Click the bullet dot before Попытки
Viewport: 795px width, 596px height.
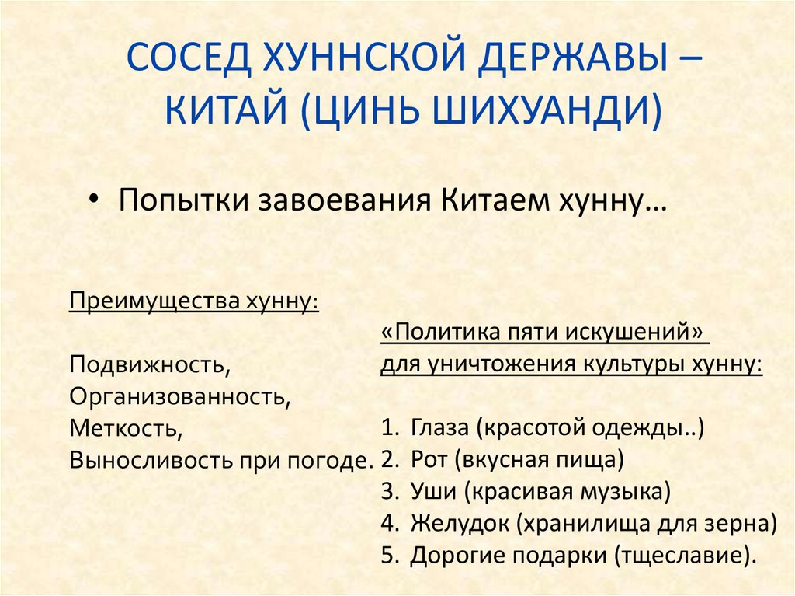94,200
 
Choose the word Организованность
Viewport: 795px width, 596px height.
179,396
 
